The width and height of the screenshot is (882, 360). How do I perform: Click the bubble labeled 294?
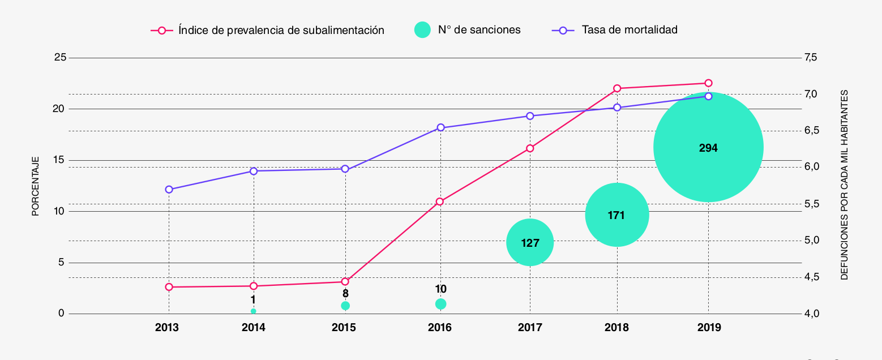click(708, 147)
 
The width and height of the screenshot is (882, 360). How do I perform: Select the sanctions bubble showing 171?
click(616, 215)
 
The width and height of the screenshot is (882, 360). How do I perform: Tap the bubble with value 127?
click(529, 243)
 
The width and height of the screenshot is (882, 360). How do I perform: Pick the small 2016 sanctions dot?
click(441, 304)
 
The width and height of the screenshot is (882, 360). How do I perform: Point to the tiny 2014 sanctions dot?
click(253, 311)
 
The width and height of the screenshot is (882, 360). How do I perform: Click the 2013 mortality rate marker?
click(169, 190)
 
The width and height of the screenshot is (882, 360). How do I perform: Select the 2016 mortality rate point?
click(441, 128)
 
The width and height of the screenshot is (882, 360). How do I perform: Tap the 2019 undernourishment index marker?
click(708, 83)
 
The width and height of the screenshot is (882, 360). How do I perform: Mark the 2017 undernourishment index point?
click(530, 148)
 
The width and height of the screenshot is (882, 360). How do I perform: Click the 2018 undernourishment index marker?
click(617, 88)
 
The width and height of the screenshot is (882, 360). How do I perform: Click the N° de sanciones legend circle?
click(422, 30)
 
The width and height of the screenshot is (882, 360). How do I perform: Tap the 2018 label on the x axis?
click(616, 328)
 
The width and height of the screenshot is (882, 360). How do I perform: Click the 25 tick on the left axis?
click(59, 58)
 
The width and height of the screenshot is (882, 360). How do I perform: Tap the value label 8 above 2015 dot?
click(345, 294)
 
